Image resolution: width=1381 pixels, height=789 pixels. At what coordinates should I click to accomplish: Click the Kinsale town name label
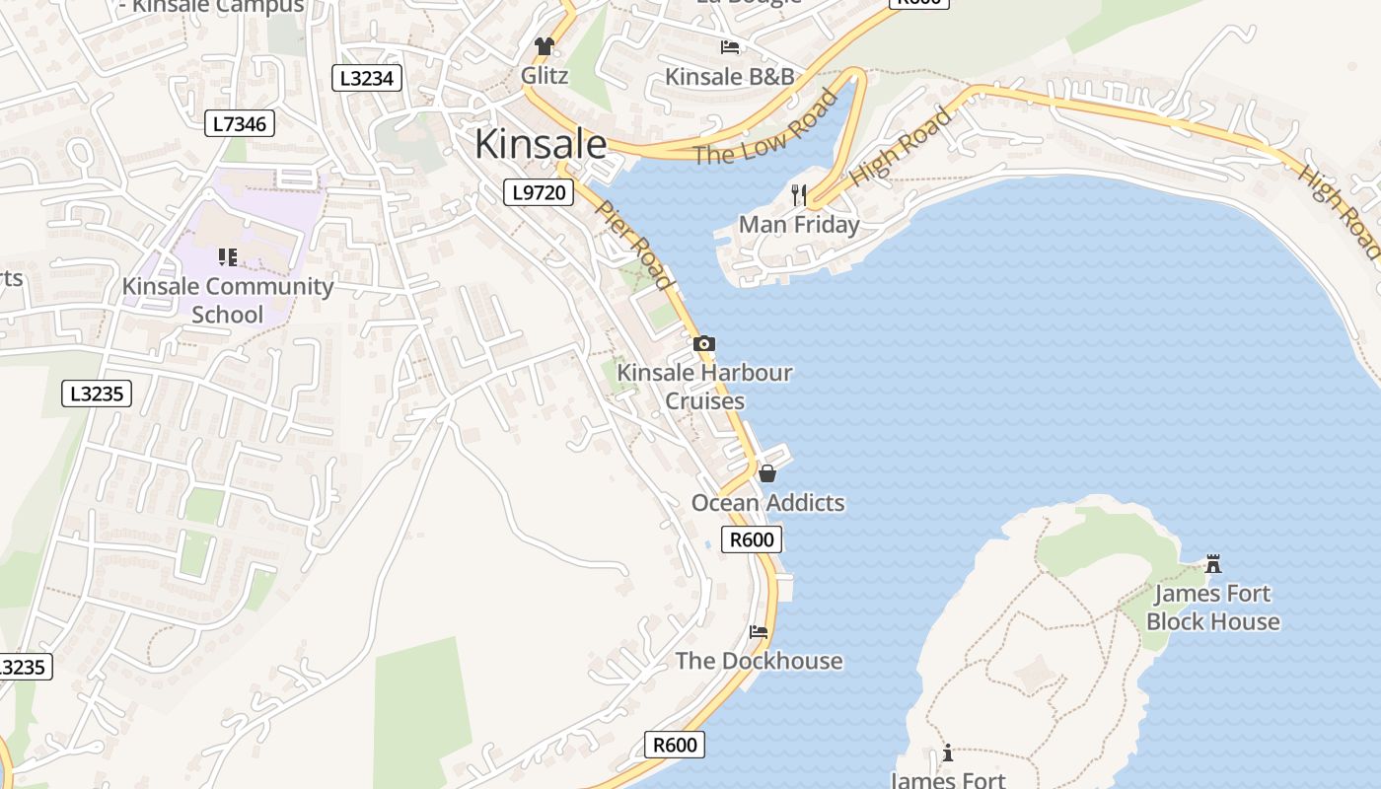pyautogui.click(x=541, y=144)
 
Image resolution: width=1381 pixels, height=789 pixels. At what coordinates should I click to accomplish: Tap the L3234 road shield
pyautogui.click(x=367, y=78)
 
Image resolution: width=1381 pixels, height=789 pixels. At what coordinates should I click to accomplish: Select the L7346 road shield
pyautogui.click(x=240, y=123)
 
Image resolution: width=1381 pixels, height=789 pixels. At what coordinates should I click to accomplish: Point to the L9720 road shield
pyautogui.click(x=539, y=192)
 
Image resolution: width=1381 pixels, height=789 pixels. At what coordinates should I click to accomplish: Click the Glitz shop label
pyautogui.click(x=545, y=75)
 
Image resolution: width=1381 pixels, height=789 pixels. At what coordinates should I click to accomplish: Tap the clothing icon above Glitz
pyautogui.click(x=544, y=45)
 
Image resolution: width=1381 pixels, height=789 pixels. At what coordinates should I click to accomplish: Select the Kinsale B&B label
pyautogui.click(x=729, y=77)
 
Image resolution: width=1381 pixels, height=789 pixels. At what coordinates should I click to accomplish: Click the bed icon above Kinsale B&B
pyautogui.click(x=730, y=46)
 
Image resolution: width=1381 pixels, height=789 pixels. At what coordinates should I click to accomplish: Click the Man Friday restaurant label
pyautogui.click(x=799, y=225)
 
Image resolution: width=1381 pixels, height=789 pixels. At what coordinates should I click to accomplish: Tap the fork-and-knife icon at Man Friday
pyautogui.click(x=799, y=195)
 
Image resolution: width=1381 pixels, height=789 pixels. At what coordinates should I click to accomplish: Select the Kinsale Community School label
pyautogui.click(x=228, y=301)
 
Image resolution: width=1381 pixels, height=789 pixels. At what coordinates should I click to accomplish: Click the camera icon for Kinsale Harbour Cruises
pyautogui.click(x=704, y=344)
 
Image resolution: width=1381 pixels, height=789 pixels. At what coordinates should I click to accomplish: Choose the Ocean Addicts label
pyautogui.click(x=767, y=503)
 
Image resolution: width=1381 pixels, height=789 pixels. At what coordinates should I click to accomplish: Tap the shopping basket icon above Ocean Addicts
pyautogui.click(x=767, y=473)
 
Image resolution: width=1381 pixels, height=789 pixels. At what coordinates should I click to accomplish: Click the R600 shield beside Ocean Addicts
pyautogui.click(x=753, y=539)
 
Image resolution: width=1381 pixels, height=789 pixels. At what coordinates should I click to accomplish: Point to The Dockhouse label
pyautogui.click(x=759, y=661)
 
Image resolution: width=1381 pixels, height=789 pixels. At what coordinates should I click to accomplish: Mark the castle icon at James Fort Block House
pyautogui.click(x=1213, y=564)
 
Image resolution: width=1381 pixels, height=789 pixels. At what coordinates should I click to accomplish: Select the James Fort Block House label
pyautogui.click(x=1212, y=608)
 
